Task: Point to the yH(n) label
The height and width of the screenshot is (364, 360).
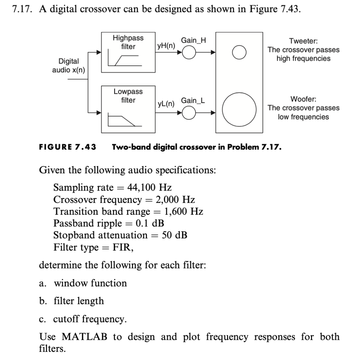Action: (166, 46)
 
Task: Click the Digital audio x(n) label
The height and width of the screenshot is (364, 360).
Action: (69, 65)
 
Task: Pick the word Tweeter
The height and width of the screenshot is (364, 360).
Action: (303, 41)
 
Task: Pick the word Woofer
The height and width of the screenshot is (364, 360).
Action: (303, 99)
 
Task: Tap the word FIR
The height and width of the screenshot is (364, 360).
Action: (123, 247)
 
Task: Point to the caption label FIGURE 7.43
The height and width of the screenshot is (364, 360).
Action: (68, 147)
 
